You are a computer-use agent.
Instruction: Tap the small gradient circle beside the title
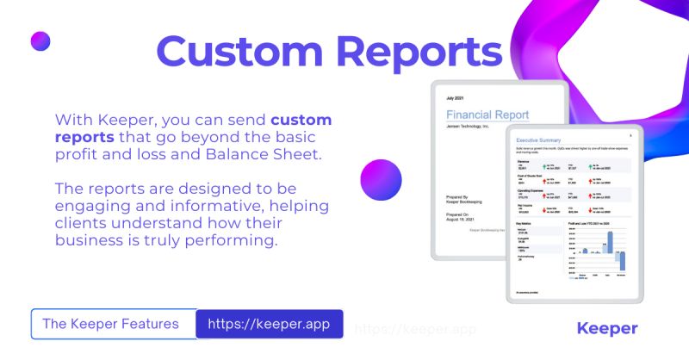tap(40, 40)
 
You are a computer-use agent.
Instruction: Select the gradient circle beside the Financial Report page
tap(381, 181)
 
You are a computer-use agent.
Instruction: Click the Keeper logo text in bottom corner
tap(606, 328)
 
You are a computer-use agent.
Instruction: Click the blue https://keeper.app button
tap(269, 325)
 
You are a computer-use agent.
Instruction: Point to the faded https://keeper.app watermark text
tap(415, 329)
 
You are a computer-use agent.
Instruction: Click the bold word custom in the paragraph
tap(301, 120)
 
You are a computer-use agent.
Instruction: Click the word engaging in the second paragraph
tap(94, 206)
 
